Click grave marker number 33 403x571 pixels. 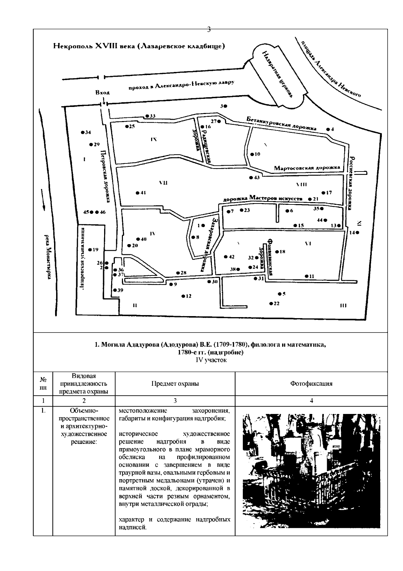[x=147, y=116]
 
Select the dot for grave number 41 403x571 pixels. [x=137, y=193]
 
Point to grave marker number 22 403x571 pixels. [x=271, y=304]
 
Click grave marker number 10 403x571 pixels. [x=252, y=154]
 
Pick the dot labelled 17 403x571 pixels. [x=323, y=193]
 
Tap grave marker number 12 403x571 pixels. [x=183, y=296]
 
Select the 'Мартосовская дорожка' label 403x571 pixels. [x=307, y=167]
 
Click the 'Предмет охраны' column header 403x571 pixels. [x=175, y=383]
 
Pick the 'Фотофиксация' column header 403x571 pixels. [x=311, y=383]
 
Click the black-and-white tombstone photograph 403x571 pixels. [x=311, y=471]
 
